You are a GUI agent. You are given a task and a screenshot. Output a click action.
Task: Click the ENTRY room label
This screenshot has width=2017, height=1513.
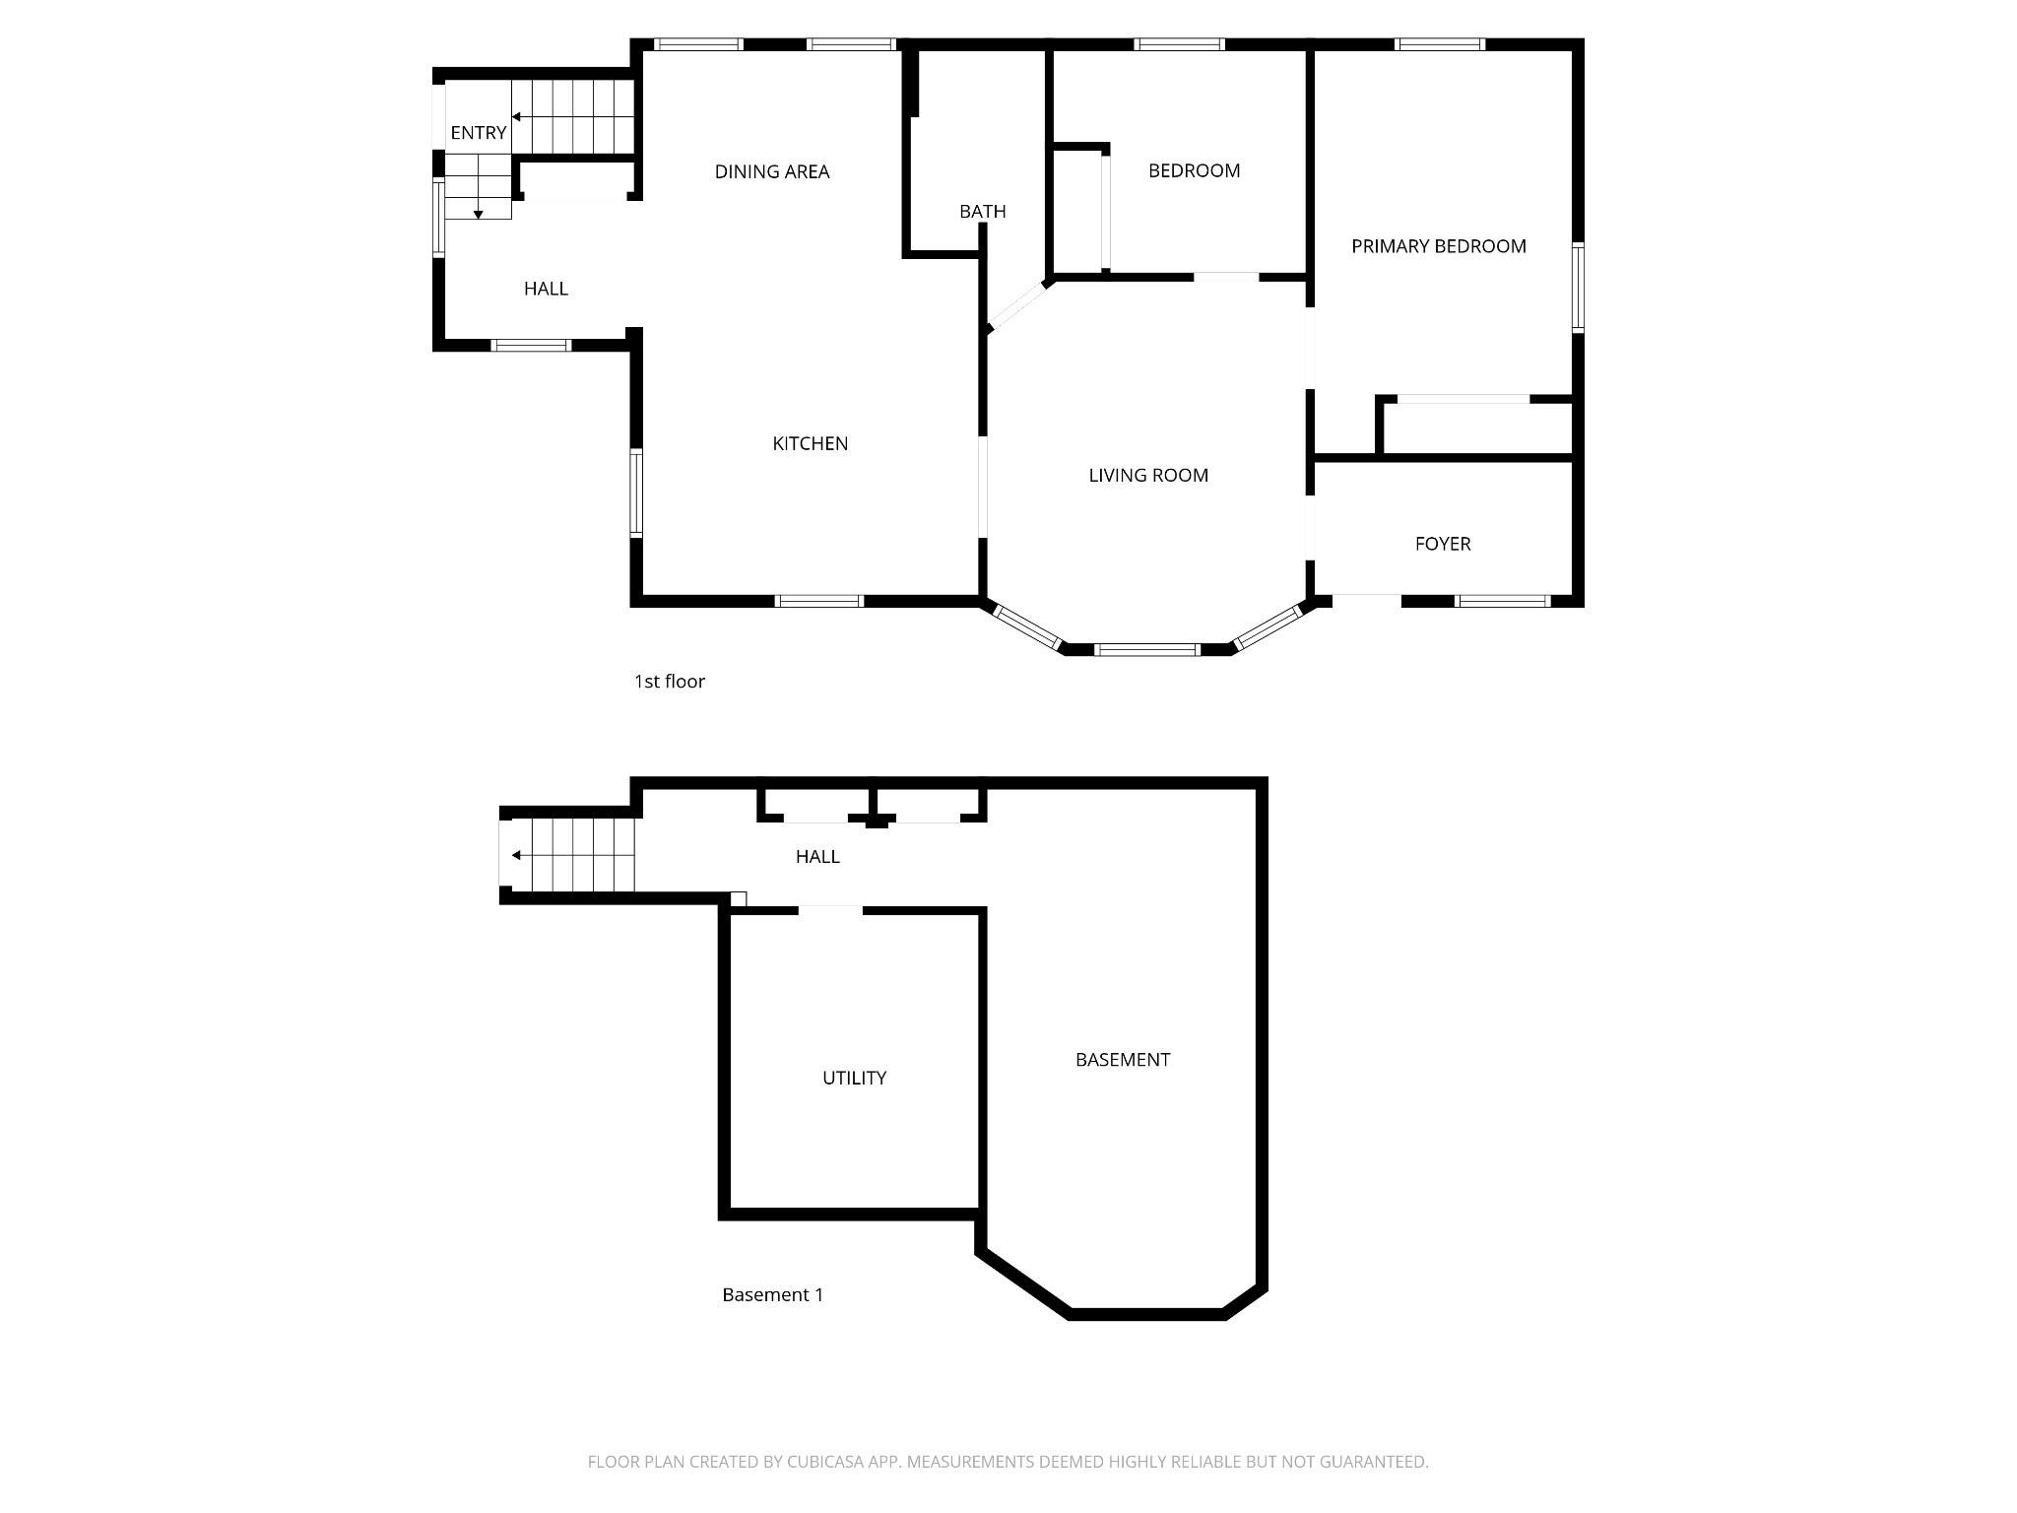point(479,133)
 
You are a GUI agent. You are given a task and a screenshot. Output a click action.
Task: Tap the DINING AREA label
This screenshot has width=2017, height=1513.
point(772,172)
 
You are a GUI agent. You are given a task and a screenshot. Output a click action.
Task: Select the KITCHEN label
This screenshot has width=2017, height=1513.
point(810,444)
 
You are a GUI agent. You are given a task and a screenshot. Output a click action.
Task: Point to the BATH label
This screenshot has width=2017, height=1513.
point(983,212)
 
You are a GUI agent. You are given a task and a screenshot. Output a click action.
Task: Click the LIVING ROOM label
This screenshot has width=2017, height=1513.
point(1148,476)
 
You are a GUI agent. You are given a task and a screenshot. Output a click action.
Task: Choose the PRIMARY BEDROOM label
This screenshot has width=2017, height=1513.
point(1439,246)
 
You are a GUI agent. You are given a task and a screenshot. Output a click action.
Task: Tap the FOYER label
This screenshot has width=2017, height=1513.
point(1443,544)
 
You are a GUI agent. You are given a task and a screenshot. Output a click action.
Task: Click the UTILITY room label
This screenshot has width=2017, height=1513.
point(854,1079)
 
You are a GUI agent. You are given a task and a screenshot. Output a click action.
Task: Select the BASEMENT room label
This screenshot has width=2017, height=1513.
point(1123,1060)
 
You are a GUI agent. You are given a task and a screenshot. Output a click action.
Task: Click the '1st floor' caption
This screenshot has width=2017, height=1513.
point(670,682)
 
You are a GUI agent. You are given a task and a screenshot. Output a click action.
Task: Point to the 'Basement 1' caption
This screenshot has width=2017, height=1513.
point(773,1295)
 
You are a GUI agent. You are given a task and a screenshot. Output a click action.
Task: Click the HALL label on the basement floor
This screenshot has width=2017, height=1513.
point(817,857)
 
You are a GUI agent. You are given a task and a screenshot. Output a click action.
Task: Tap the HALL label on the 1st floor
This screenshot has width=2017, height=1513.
point(546,289)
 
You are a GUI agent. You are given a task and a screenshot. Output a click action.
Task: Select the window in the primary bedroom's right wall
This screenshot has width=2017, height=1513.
point(1577,288)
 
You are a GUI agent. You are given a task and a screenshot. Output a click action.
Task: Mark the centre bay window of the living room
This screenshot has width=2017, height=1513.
point(1147,649)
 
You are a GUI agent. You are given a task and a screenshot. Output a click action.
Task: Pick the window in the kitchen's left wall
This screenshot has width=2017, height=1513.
point(636,493)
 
